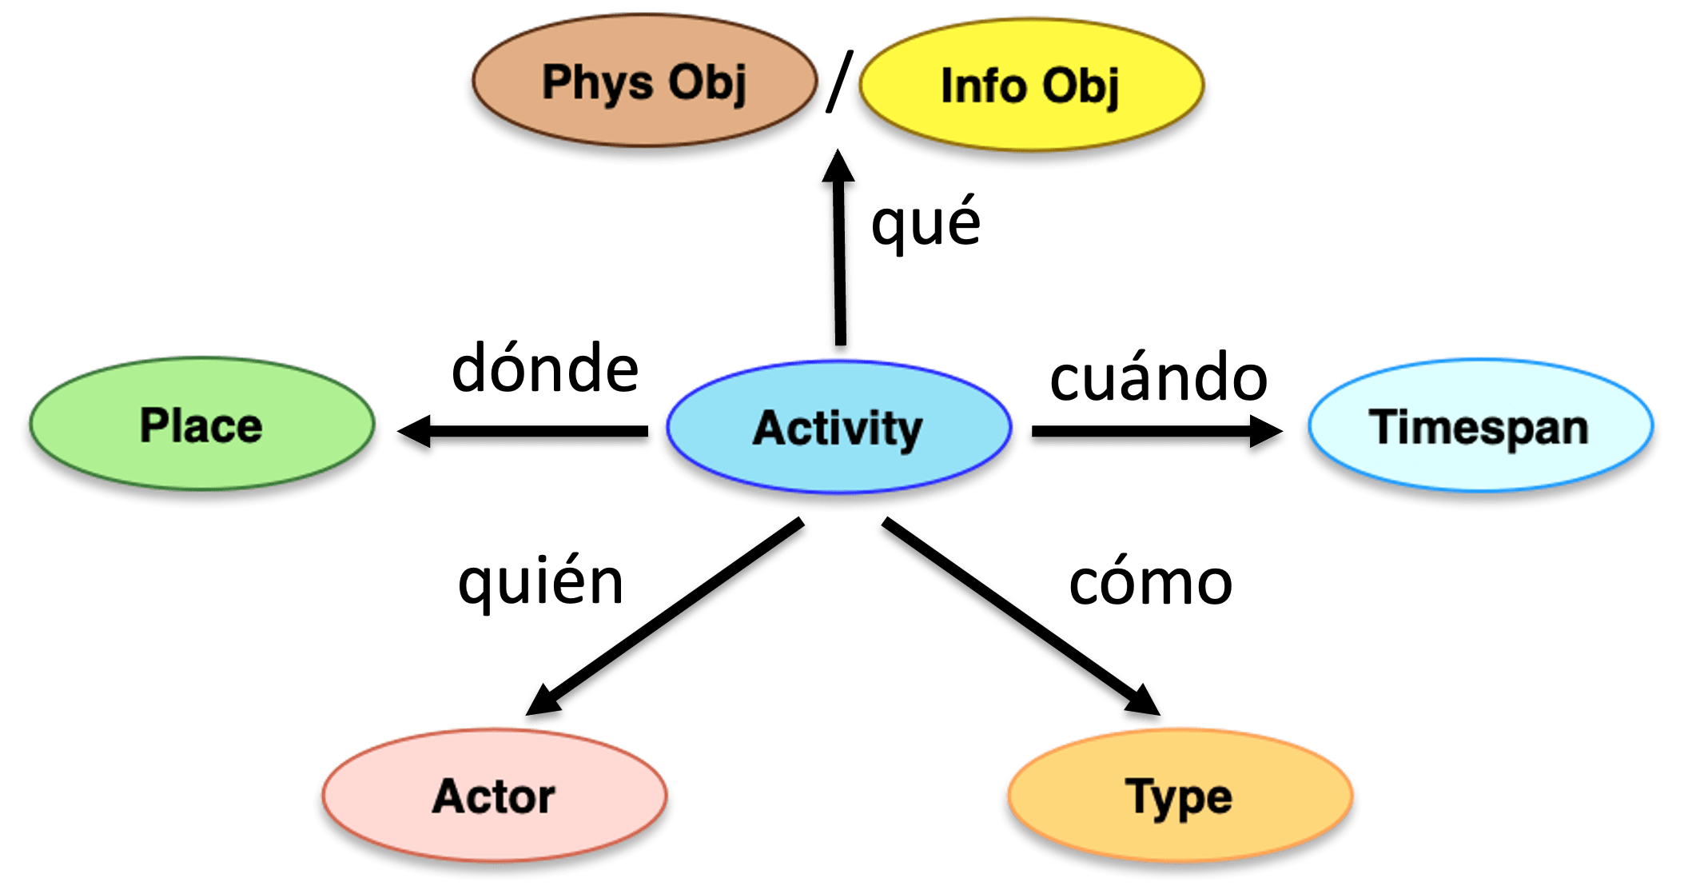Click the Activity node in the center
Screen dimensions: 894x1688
[x=838, y=427]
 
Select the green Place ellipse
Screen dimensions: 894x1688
[x=201, y=425]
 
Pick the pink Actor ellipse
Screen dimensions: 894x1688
[x=494, y=795]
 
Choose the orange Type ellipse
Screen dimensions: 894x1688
[x=1178, y=796]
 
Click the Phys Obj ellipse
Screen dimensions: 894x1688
[x=643, y=82]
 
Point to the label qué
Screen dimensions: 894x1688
[x=926, y=223]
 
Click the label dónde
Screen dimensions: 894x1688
[x=545, y=369]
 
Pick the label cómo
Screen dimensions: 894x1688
[x=1150, y=583]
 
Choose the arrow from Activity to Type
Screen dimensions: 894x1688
[x=1015, y=616]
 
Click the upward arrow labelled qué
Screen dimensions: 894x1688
[x=839, y=264]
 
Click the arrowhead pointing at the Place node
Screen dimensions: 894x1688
[x=416, y=436]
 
